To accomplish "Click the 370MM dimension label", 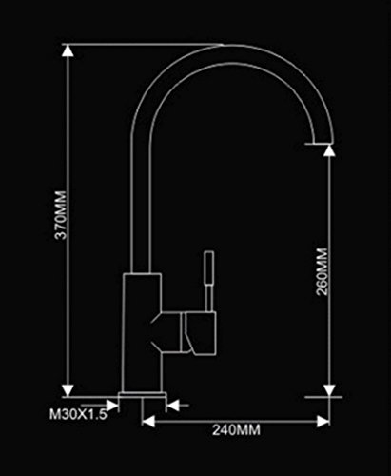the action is [61, 214].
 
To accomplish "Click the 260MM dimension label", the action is [322, 271].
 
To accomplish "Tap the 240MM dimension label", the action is [236, 430].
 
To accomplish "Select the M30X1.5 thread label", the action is [78, 414].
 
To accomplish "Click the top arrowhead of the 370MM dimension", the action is [68, 51].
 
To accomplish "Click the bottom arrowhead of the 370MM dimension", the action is [68, 390].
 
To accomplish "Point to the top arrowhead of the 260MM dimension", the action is [329, 150].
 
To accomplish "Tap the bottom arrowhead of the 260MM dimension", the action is [329, 390].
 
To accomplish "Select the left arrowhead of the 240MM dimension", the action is [148, 422].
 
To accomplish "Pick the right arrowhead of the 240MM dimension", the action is [323, 422].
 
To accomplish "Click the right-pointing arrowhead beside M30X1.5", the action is [112, 406].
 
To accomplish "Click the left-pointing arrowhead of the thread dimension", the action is [173, 406].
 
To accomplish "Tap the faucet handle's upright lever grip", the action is [209, 268].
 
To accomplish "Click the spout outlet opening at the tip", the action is [323, 144].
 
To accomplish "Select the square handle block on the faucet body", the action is [199, 333].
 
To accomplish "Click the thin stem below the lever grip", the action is [209, 298].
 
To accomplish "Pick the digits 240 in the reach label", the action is [224, 430].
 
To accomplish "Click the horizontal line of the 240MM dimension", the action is [236, 422].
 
